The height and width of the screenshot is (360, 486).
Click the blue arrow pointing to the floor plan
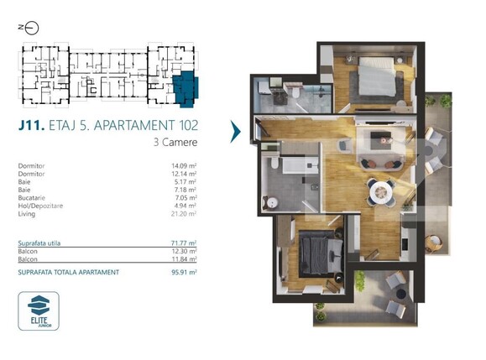point(236,131)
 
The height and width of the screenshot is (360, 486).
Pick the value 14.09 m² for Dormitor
point(184,166)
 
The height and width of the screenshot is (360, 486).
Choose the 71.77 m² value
point(184,243)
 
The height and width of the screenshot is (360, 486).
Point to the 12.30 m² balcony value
point(184,252)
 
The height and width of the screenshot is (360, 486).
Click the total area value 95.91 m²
point(184,272)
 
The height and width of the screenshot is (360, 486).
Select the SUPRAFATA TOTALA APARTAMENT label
point(69,272)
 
